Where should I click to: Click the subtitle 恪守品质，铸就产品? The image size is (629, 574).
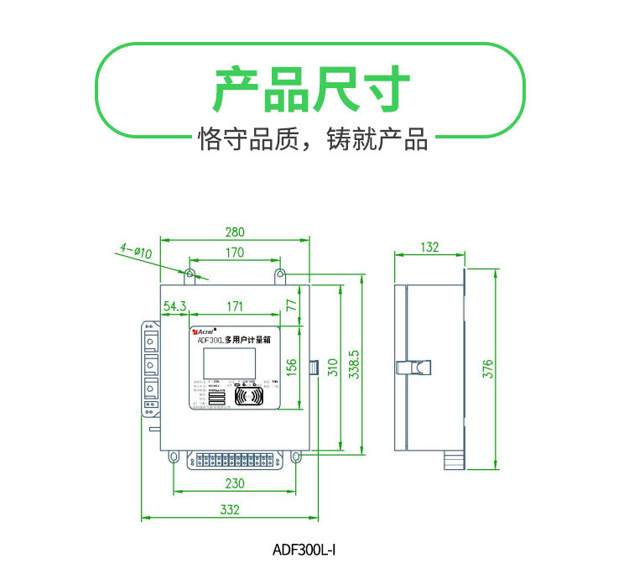click(x=312, y=138)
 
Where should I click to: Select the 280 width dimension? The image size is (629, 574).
click(x=235, y=232)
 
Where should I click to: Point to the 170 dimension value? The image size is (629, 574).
click(x=235, y=253)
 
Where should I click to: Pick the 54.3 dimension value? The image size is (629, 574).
click(x=174, y=306)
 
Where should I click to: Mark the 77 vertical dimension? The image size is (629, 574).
click(x=293, y=305)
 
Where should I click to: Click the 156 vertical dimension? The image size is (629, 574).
click(x=293, y=366)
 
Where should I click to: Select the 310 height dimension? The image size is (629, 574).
click(x=331, y=367)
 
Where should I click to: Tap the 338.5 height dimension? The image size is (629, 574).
click(x=353, y=366)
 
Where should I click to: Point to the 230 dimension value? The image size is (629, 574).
click(x=235, y=483)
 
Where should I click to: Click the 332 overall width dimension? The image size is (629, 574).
click(x=230, y=509)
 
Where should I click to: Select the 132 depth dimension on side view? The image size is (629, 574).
click(x=429, y=247)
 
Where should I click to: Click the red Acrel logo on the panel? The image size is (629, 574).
click(x=204, y=331)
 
